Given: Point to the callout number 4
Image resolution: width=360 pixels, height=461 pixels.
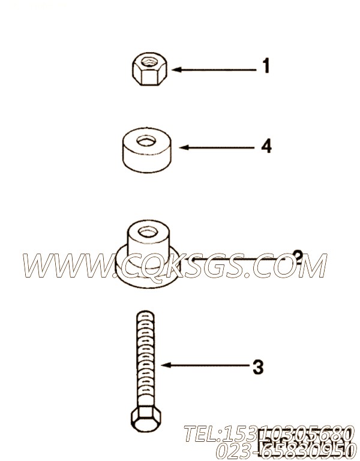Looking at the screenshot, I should (x=266, y=146).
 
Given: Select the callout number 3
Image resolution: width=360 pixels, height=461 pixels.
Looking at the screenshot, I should (x=257, y=367).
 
